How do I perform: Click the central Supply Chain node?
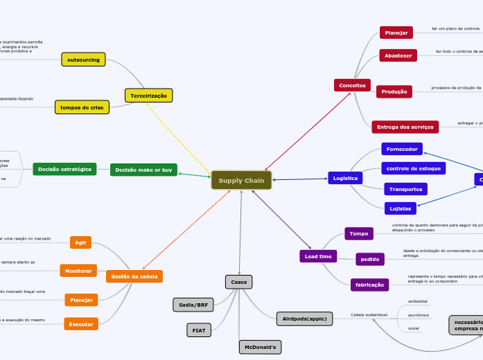pos(241,181)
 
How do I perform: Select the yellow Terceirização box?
pos(148,96)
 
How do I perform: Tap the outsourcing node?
pos(83,60)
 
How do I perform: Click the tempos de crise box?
pos(82,107)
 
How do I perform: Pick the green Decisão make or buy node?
pos(143,170)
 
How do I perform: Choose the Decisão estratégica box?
pos(64,169)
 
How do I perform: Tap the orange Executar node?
pos(81,323)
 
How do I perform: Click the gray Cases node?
pos(239,282)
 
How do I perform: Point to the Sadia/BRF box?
pos(193,305)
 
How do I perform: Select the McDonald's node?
pos(260,347)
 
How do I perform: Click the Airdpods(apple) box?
pos(304,318)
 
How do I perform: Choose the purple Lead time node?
pos(318,256)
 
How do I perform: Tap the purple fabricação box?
pos(369,285)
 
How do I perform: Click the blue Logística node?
pos(345,178)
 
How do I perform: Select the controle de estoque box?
pos(413,168)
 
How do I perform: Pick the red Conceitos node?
pos(352,85)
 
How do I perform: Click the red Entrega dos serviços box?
pos(405,127)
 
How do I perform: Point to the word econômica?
pos(418,314)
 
